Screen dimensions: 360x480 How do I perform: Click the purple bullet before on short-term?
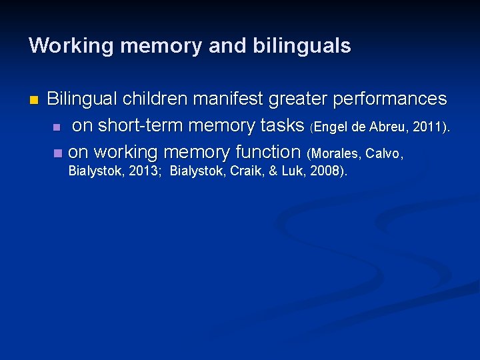pos(57,127)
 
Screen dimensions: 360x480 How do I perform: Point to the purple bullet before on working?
pos(57,153)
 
